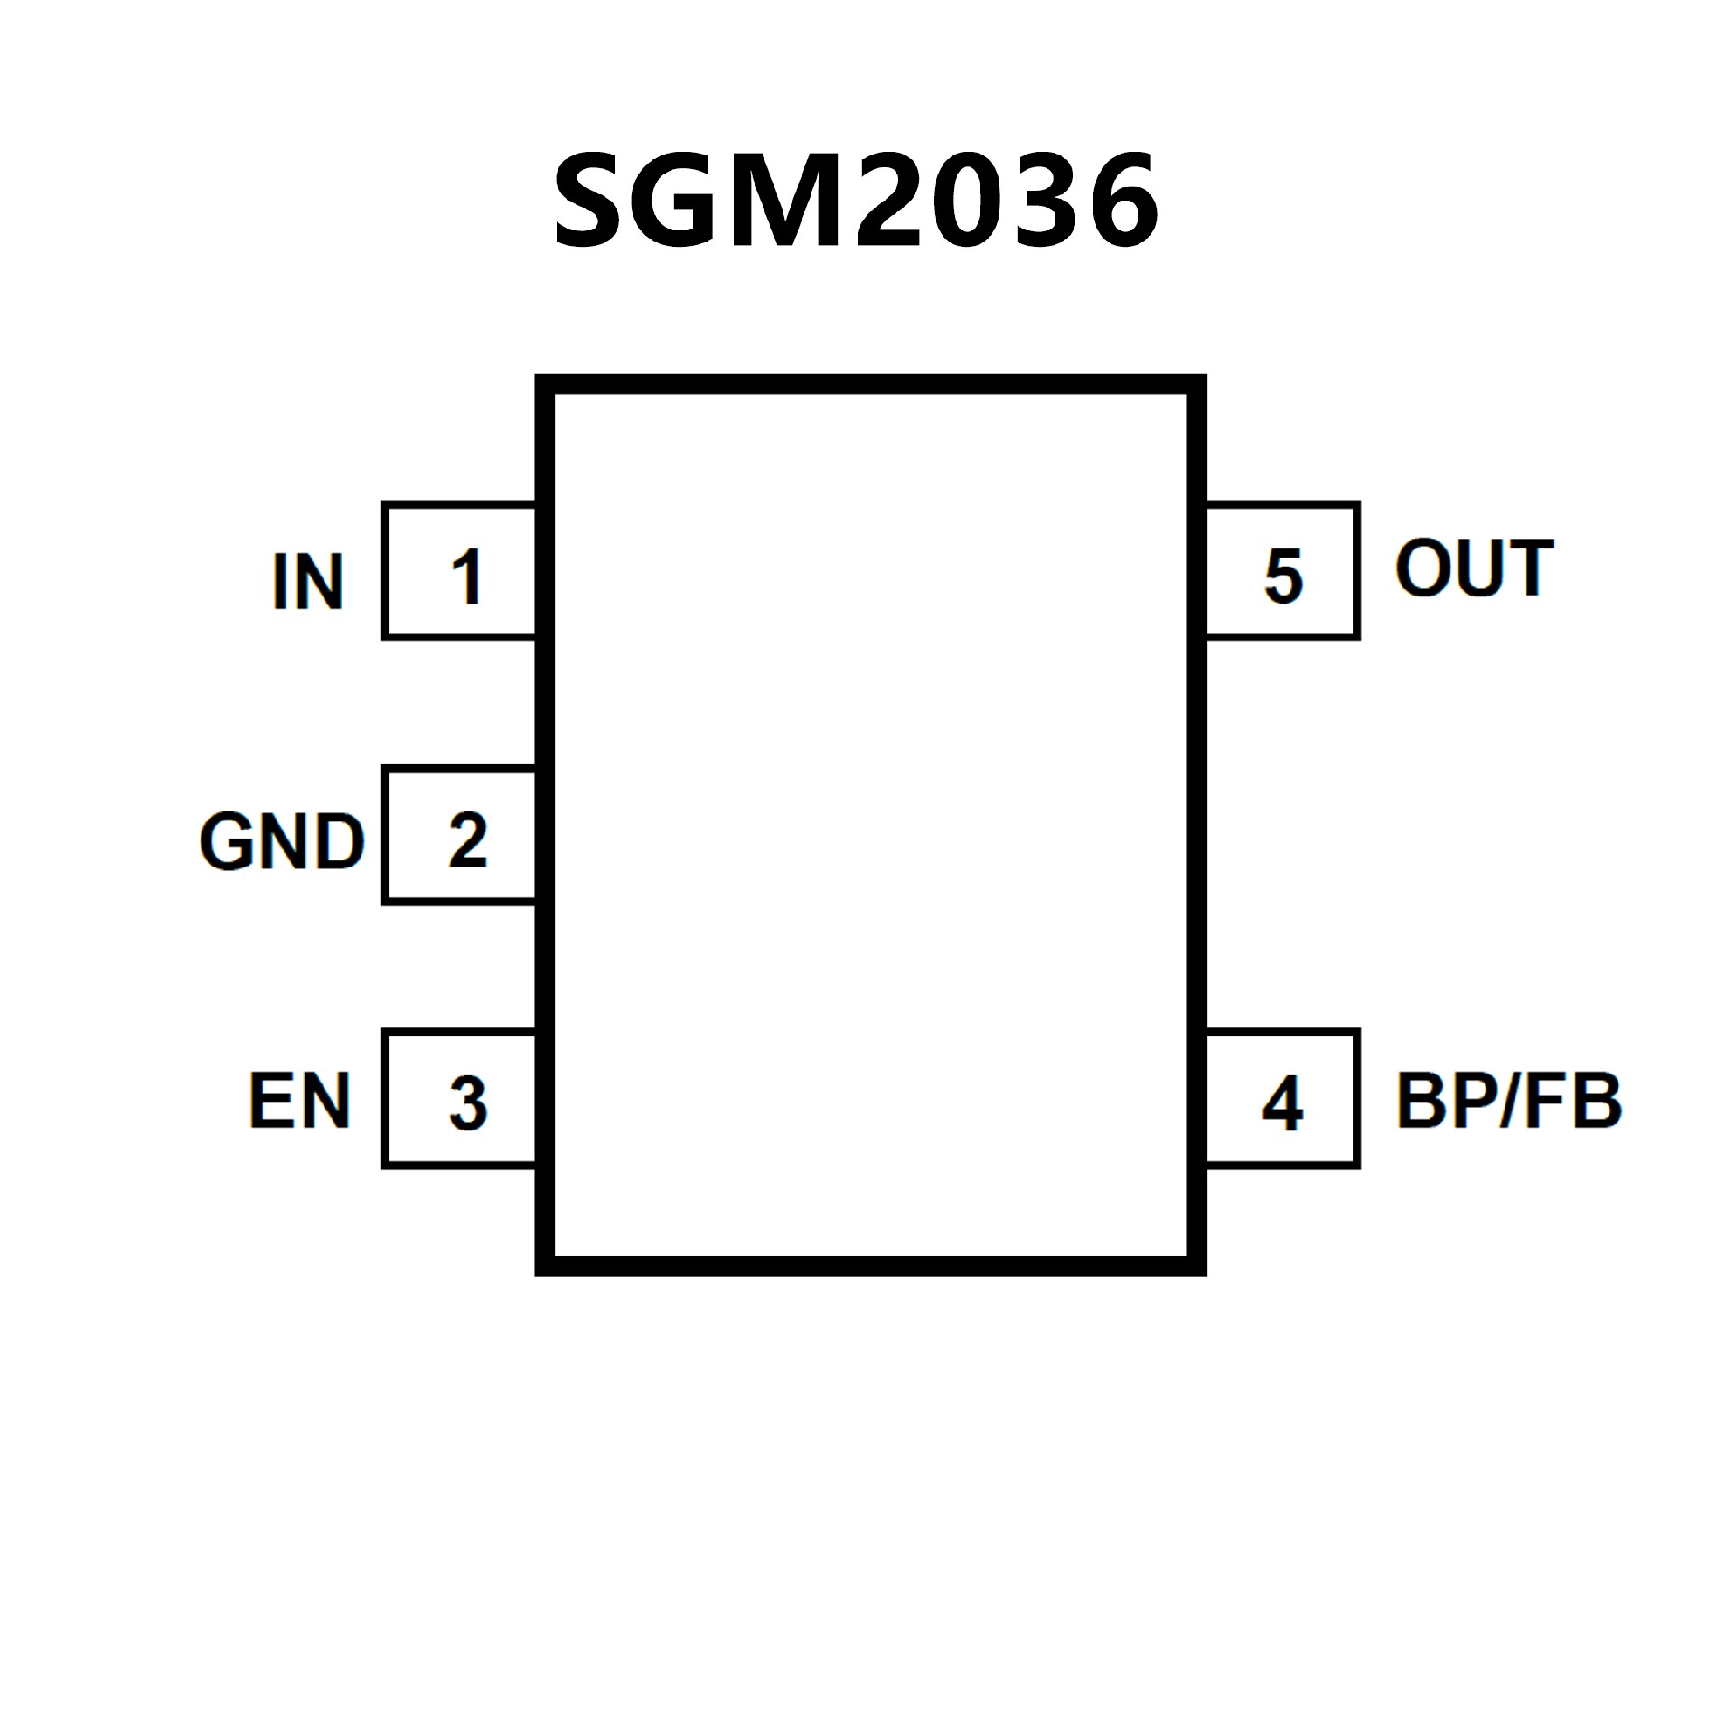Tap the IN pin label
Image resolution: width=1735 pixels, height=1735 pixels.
point(307,581)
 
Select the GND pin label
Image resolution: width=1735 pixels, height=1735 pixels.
point(282,841)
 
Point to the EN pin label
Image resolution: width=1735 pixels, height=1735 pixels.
point(299,1101)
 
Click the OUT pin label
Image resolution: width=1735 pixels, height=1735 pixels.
point(1474,568)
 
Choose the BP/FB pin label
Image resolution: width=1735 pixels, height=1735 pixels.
point(1509,1101)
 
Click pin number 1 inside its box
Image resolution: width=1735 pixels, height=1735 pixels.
point(466,576)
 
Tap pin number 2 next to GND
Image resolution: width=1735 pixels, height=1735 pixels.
point(467,840)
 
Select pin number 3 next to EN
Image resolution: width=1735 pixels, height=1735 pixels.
point(468,1103)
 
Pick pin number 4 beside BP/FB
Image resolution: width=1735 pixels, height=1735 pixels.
point(1282,1103)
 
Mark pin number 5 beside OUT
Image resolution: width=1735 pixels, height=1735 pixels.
point(1283,576)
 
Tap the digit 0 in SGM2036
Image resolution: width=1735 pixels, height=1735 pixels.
point(967,199)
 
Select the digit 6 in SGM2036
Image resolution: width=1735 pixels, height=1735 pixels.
point(1123,199)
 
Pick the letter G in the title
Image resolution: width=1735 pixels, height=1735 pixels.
point(677,199)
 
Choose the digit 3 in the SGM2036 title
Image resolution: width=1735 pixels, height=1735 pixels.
point(1045,199)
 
